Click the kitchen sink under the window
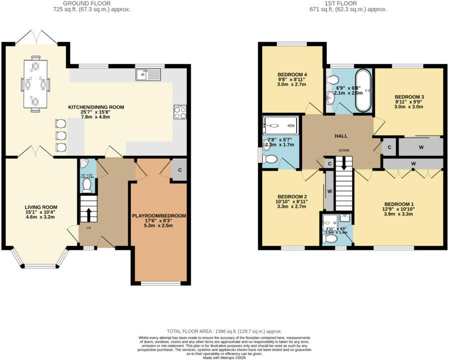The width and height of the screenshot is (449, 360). (147, 75)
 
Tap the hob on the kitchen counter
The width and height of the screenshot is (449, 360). (179, 112)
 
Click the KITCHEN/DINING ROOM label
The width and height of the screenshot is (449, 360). (96, 107)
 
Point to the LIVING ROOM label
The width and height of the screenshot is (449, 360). (41, 207)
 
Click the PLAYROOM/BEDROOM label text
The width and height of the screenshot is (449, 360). (159, 216)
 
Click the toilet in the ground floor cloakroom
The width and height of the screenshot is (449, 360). (86, 186)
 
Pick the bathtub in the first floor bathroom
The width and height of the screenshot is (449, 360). (363, 91)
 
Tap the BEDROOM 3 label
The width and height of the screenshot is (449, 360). (409, 97)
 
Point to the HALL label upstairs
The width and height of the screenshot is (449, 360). (341, 136)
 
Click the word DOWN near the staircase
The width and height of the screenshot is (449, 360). (344, 150)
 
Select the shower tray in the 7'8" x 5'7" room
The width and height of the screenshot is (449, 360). (281, 126)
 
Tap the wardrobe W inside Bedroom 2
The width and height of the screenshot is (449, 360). (329, 191)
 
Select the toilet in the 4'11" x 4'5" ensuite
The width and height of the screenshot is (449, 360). (330, 239)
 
